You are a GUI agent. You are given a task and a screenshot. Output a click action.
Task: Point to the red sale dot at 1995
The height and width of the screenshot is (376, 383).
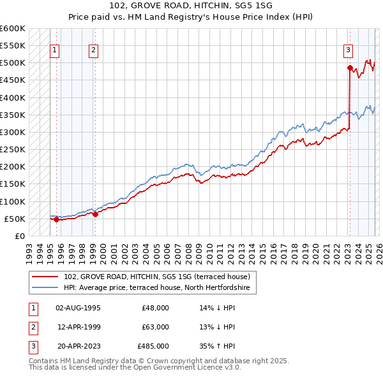click(x=56, y=220)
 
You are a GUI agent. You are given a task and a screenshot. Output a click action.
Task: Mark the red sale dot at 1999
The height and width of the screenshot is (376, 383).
click(x=95, y=215)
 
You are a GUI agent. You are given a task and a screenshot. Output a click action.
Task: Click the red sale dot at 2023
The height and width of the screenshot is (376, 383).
click(x=350, y=68)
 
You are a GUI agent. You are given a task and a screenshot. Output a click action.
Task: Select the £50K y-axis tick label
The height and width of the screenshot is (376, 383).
click(x=15, y=219)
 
